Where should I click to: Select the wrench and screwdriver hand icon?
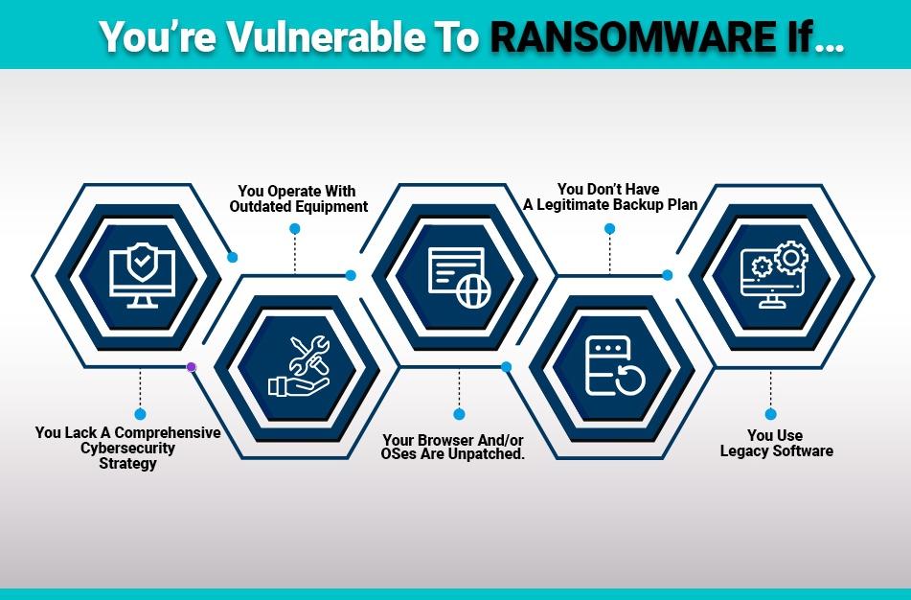(300, 365)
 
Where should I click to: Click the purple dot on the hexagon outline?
(191, 366)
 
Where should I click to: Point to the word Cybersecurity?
(127, 449)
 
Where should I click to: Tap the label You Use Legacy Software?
(776, 443)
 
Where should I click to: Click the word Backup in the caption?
(642, 205)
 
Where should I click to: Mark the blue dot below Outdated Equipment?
(295, 229)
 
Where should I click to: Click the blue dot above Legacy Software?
(770, 414)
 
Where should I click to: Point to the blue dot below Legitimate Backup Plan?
(609, 229)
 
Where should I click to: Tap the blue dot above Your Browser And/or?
(459, 414)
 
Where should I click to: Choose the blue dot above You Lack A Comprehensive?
(140, 414)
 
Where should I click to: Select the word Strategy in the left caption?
(127, 464)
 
